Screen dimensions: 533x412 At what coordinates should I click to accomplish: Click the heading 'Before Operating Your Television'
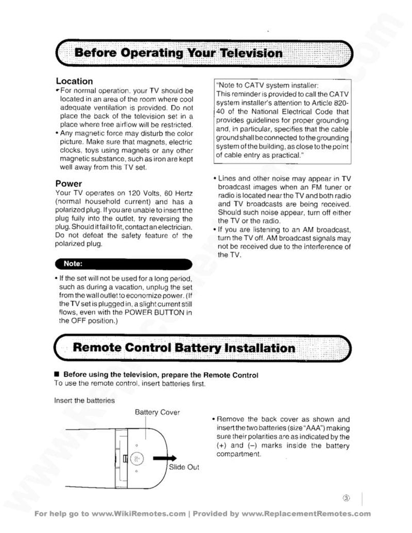point(178,53)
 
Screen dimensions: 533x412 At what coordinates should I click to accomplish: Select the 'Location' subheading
point(74,81)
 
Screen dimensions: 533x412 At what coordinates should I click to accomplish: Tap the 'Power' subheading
point(68,184)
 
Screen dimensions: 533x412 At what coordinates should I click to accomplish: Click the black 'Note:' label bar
point(124,264)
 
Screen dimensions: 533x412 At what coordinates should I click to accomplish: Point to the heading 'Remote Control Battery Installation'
point(184,348)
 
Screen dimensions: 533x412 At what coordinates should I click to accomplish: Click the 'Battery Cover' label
point(157,412)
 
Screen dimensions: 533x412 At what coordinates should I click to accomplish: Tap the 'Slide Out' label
point(184,467)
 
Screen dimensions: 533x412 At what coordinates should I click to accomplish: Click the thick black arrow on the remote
point(164,458)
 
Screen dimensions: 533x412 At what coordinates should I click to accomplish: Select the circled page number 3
point(346,498)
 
